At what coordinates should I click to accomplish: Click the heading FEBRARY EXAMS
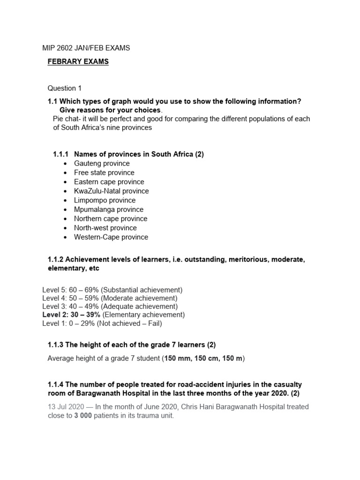tap(78, 62)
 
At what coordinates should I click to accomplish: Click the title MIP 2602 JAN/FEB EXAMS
tap(84, 48)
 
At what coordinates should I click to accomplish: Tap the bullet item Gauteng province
tap(102, 163)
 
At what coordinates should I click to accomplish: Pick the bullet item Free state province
tap(104, 172)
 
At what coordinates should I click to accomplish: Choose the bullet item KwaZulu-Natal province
tap(111, 191)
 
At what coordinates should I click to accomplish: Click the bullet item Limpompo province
tap(105, 200)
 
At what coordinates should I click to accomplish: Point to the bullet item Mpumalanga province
tap(109, 210)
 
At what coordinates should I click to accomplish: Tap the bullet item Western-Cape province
tap(111, 237)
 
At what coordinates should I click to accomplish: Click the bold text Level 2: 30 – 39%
tap(71, 315)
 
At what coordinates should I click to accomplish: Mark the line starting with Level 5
tap(112, 290)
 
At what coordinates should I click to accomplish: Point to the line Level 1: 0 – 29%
tap(102, 323)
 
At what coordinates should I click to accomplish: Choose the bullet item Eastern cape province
tap(109, 182)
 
